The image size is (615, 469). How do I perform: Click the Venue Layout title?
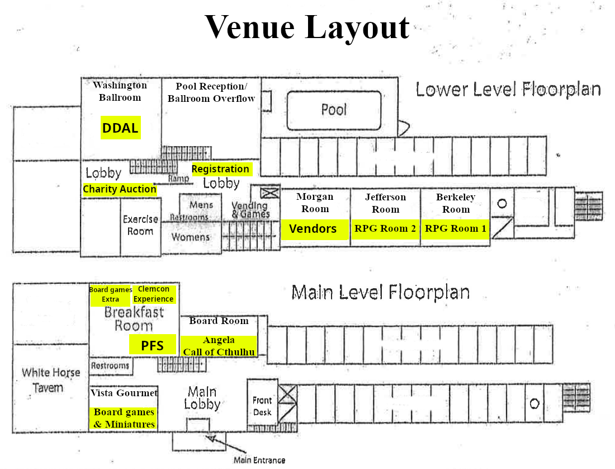pos(307,27)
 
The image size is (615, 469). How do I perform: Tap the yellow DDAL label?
pos(120,128)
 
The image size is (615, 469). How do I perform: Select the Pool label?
pos(334,110)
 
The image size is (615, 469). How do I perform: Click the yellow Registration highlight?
pos(221,169)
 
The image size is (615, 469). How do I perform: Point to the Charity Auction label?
pos(120,189)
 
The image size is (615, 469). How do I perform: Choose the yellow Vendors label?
pos(314,229)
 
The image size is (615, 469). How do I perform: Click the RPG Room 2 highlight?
pos(385,229)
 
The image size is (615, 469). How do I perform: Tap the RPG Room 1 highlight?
pos(456,229)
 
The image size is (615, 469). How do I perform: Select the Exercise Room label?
pos(140,225)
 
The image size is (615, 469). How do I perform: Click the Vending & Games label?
pos(251,209)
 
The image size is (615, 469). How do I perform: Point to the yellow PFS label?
pos(153,345)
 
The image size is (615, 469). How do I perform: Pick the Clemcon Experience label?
pos(154,294)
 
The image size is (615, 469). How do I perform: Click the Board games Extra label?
pos(111,294)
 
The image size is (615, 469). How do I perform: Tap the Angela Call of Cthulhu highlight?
pos(219,346)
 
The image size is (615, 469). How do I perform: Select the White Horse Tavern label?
pos(51,380)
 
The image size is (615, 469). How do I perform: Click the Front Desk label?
pos(262,406)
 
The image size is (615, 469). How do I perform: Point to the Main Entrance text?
pos(259,460)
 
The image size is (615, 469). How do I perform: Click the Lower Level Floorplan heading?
pos(508,89)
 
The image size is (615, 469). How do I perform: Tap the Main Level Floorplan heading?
pos(381,292)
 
